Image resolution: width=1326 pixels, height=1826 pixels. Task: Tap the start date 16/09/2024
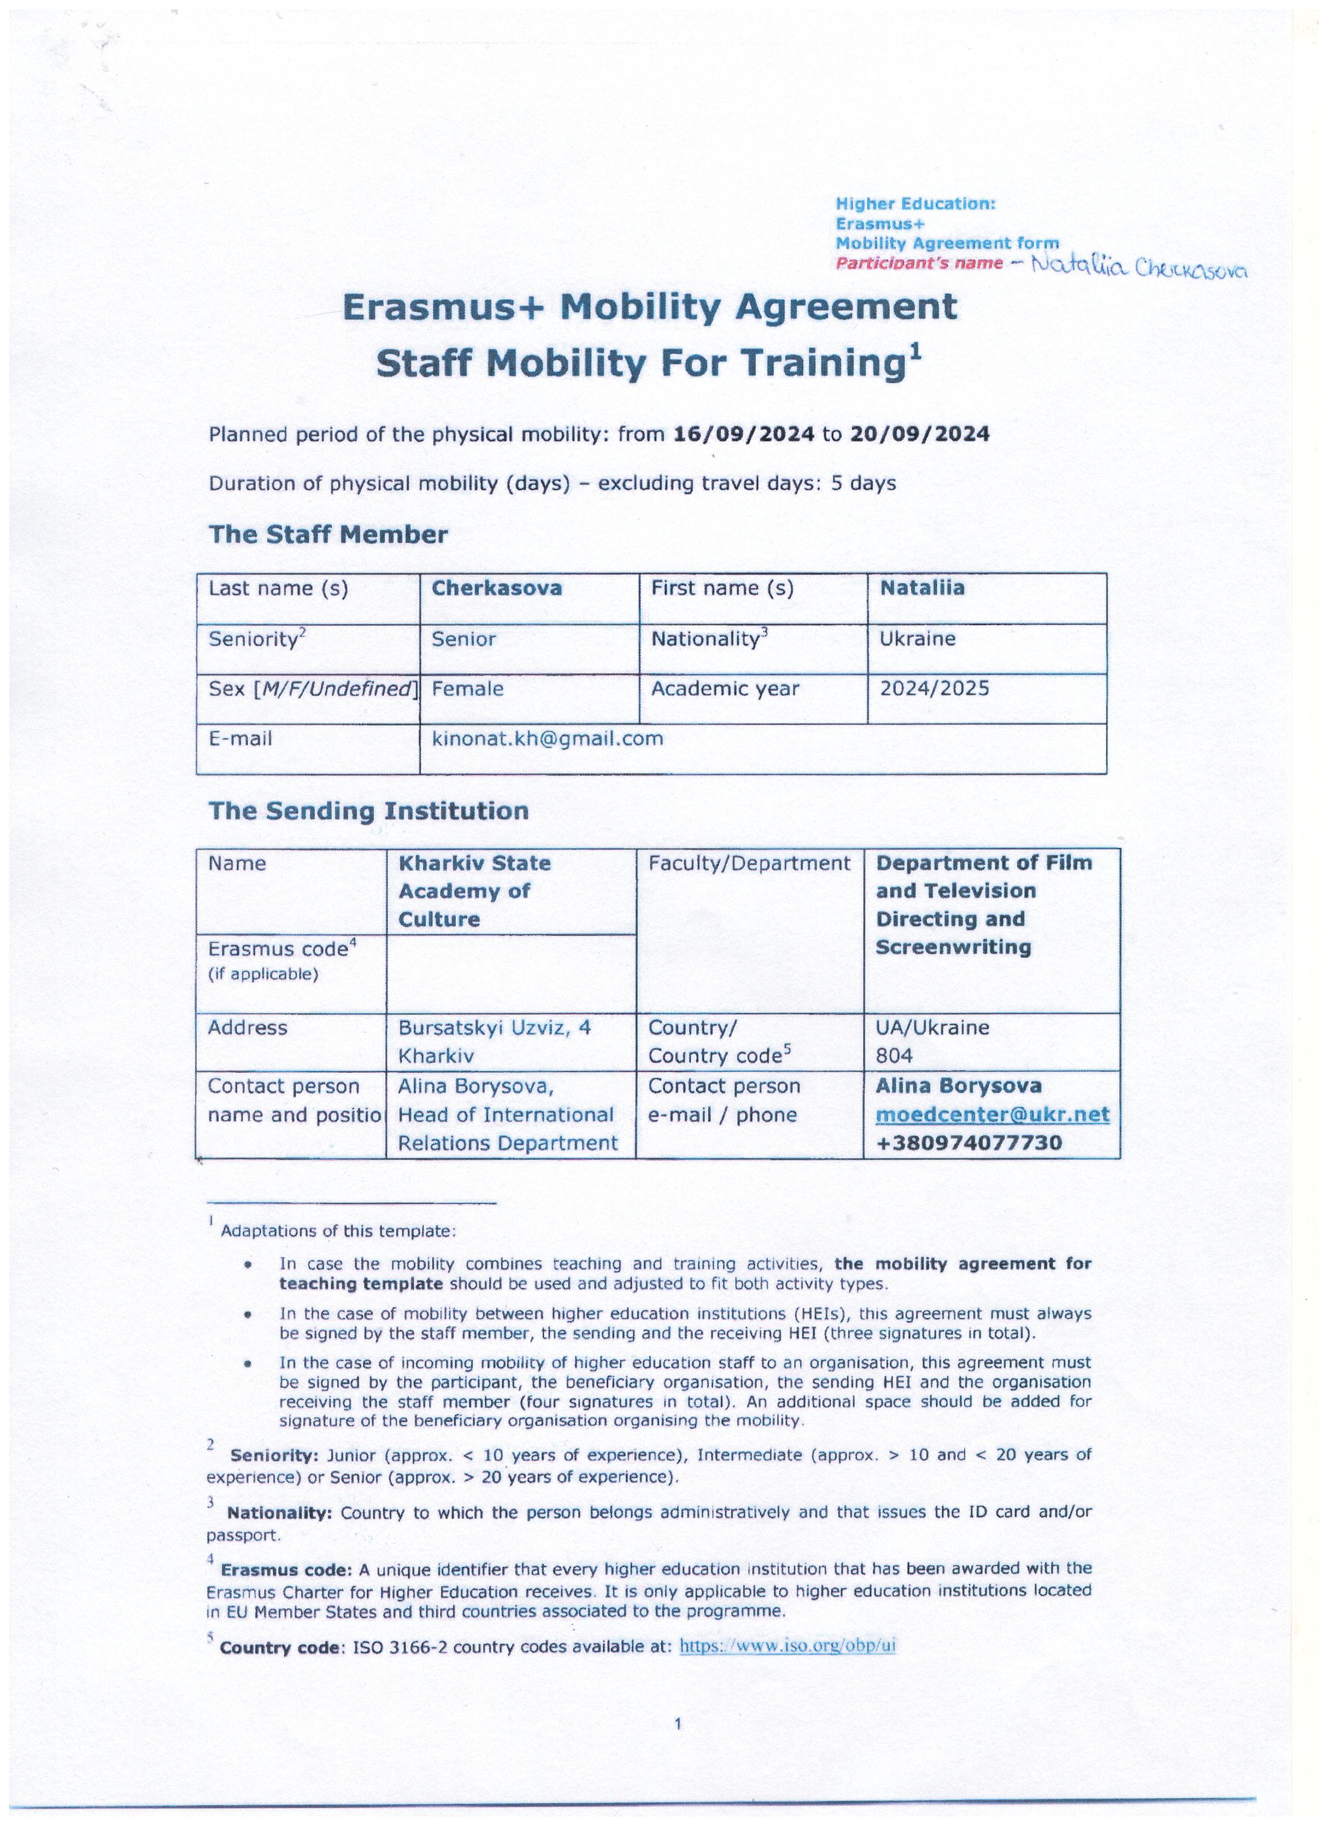click(743, 435)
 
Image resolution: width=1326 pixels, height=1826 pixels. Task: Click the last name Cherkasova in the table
click(497, 589)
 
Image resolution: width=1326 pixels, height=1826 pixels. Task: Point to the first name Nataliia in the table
click(922, 589)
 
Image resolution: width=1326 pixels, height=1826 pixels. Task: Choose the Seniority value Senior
click(464, 639)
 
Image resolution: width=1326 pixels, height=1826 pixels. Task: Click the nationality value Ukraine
click(917, 639)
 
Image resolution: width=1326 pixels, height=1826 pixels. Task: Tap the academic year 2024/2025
click(934, 689)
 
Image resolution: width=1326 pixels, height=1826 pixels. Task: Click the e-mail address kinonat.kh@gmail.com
click(547, 739)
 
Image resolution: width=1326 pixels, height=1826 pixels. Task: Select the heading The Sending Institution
click(369, 811)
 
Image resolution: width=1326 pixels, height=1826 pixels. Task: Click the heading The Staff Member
click(328, 535)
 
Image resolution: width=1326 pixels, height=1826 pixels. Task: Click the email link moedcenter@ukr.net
click(992, 1115)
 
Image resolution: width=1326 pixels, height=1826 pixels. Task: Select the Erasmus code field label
click(282, 950)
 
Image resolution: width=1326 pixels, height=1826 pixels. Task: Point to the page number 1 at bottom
click(678, 1724)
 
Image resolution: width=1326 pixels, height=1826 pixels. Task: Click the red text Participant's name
click(919, 263)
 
